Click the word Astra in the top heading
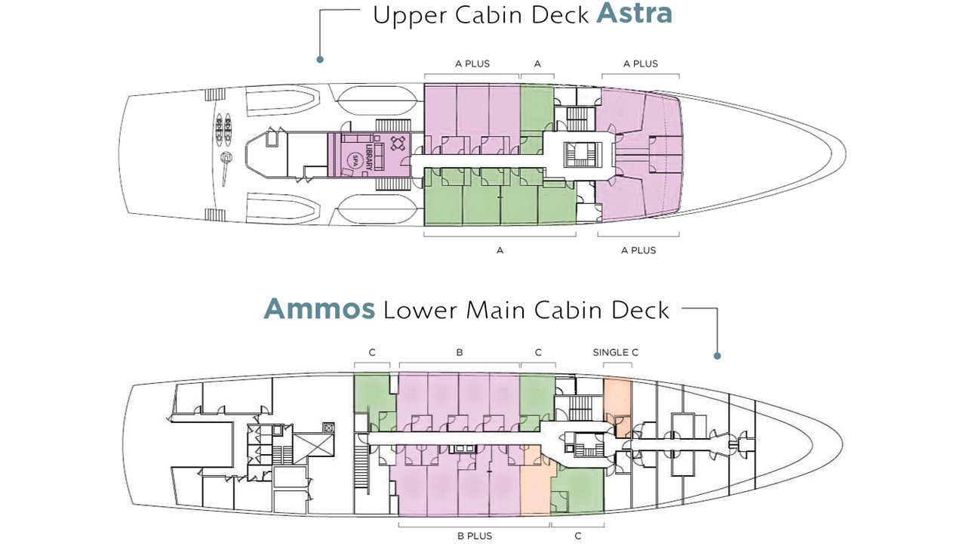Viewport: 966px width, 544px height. click(634, 14)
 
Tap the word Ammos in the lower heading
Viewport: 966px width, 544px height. click(319, 309)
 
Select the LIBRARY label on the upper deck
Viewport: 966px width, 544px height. click(369, 156)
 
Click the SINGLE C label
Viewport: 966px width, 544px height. click(615, 352)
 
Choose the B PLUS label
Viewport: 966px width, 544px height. click(475, 536)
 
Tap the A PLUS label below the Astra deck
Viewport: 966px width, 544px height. click(638, 250)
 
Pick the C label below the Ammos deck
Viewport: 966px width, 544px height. click(578, 536)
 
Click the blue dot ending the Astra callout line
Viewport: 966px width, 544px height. click(319, 60)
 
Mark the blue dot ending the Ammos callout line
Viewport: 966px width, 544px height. click(717, 356)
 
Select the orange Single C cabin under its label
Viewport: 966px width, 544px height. click(617, 406)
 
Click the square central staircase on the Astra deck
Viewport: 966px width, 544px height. click(582, 155)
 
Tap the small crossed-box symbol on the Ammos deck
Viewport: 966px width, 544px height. click(329, 428)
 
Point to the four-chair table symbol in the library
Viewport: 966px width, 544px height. click(398, 144)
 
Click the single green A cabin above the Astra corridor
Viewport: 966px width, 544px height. click(537, 119)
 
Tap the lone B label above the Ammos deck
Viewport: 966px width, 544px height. click(460, 352)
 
